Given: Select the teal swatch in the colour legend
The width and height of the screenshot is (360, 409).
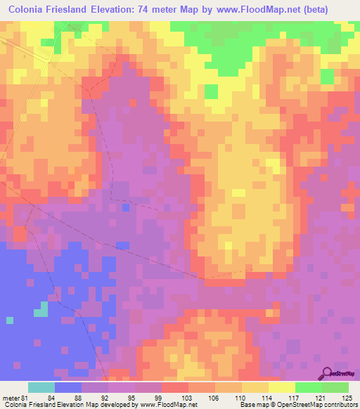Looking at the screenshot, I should (41, 387).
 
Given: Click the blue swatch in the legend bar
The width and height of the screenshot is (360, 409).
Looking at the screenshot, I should (68, 387).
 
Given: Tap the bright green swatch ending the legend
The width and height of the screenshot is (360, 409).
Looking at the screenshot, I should (335, 387).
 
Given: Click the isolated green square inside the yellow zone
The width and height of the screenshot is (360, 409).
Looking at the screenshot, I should (210, 91).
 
